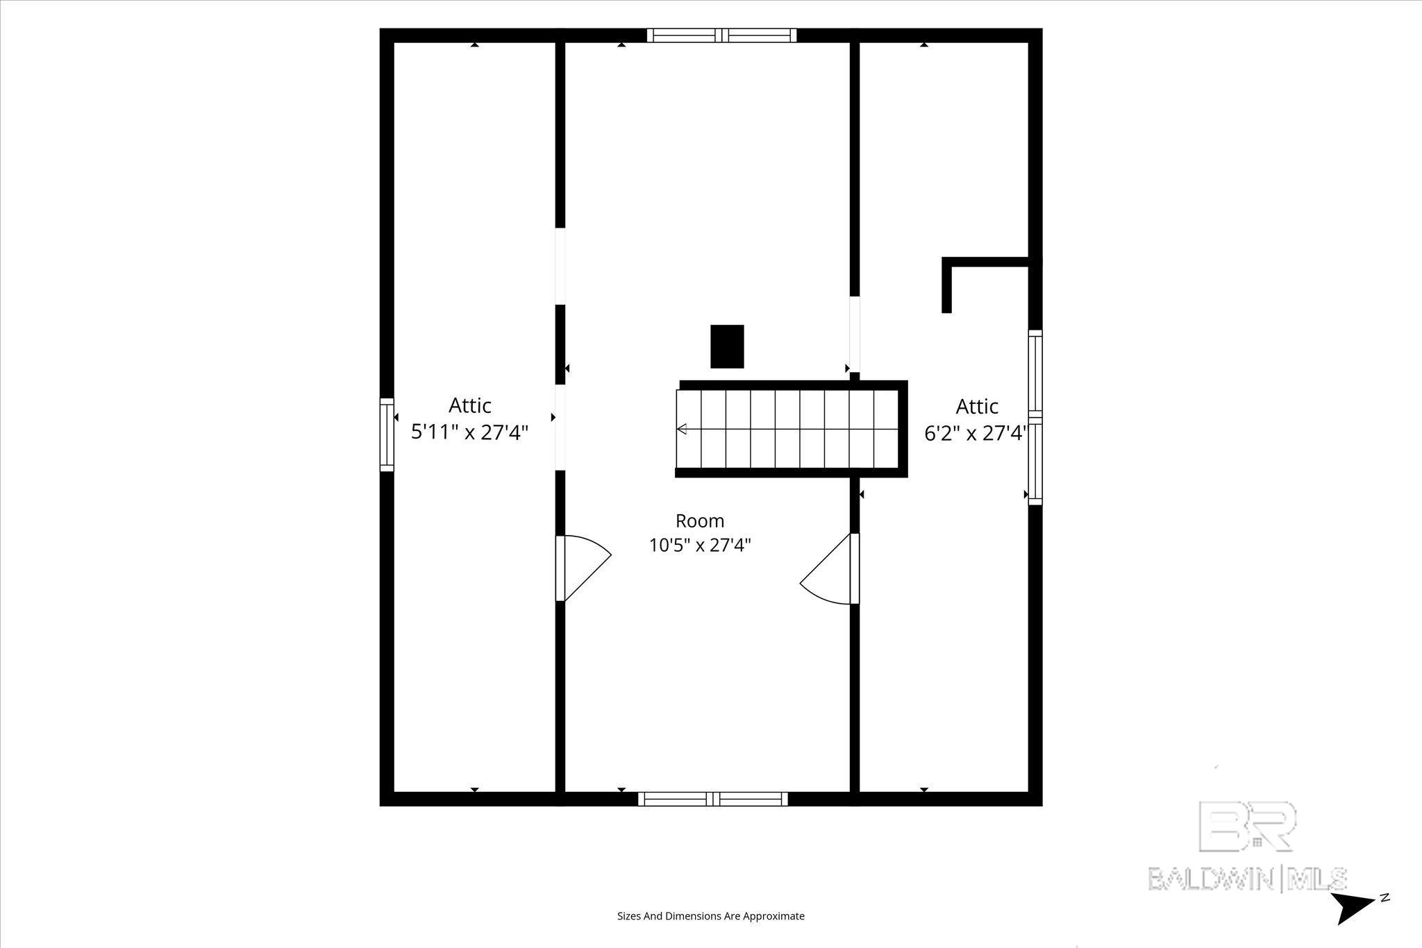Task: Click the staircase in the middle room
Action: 792,429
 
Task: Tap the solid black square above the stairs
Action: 727,346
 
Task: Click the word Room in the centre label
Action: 700,520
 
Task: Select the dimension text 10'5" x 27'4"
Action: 700,545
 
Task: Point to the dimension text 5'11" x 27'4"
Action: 470,432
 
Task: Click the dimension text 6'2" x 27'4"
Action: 976,433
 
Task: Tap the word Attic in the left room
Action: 470,405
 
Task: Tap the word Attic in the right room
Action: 977,406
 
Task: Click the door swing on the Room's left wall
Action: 583,568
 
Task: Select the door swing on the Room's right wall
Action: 830,568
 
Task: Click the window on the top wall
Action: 722,35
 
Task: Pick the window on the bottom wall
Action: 713,799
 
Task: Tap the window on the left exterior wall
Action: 387,434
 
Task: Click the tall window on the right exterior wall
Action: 1035,417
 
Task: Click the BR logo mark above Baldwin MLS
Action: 1247,826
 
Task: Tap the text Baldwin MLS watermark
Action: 1247,879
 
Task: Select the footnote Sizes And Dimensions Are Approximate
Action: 711,916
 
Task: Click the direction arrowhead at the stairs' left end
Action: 682,429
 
